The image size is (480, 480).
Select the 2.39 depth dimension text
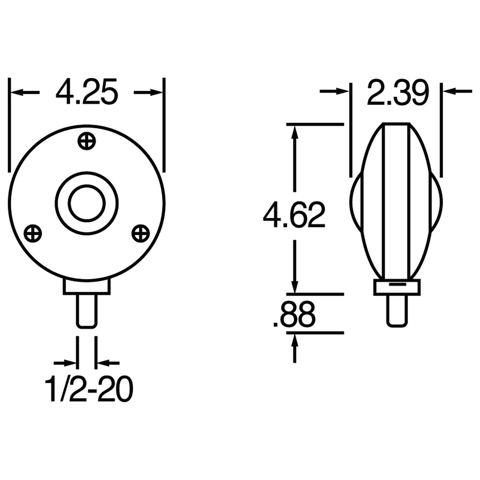[x=398, y=93]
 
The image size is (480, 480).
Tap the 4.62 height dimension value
[x=294, y=215]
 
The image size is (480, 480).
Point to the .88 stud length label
[x=294, y=314]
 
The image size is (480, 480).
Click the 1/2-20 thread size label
[x=89, y=389]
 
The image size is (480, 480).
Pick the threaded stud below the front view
[x=87, y=311]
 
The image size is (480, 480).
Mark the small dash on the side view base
[x=397, y=285]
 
